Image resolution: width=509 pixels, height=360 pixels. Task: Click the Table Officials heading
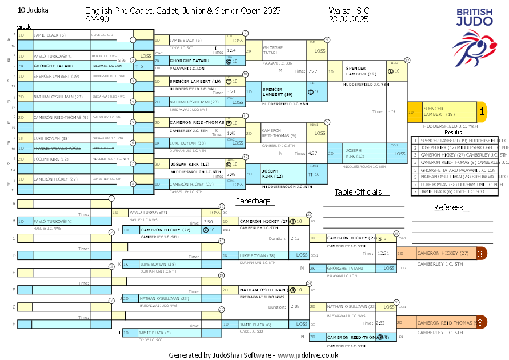point(361,193)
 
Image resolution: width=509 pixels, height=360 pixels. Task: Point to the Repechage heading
point(253,201)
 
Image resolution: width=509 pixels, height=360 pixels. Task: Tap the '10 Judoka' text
point(34,10)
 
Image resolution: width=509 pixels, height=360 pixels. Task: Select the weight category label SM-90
point(97,19)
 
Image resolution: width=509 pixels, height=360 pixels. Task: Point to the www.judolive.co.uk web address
point(308,355)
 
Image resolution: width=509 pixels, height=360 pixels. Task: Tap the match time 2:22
point(312,71)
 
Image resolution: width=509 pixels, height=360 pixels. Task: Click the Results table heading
point(453,132)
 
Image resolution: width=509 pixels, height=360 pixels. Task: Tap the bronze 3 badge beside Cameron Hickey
point(482,253)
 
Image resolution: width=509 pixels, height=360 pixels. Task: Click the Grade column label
point(25,27)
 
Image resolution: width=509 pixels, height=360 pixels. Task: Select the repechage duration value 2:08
point(295,307)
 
